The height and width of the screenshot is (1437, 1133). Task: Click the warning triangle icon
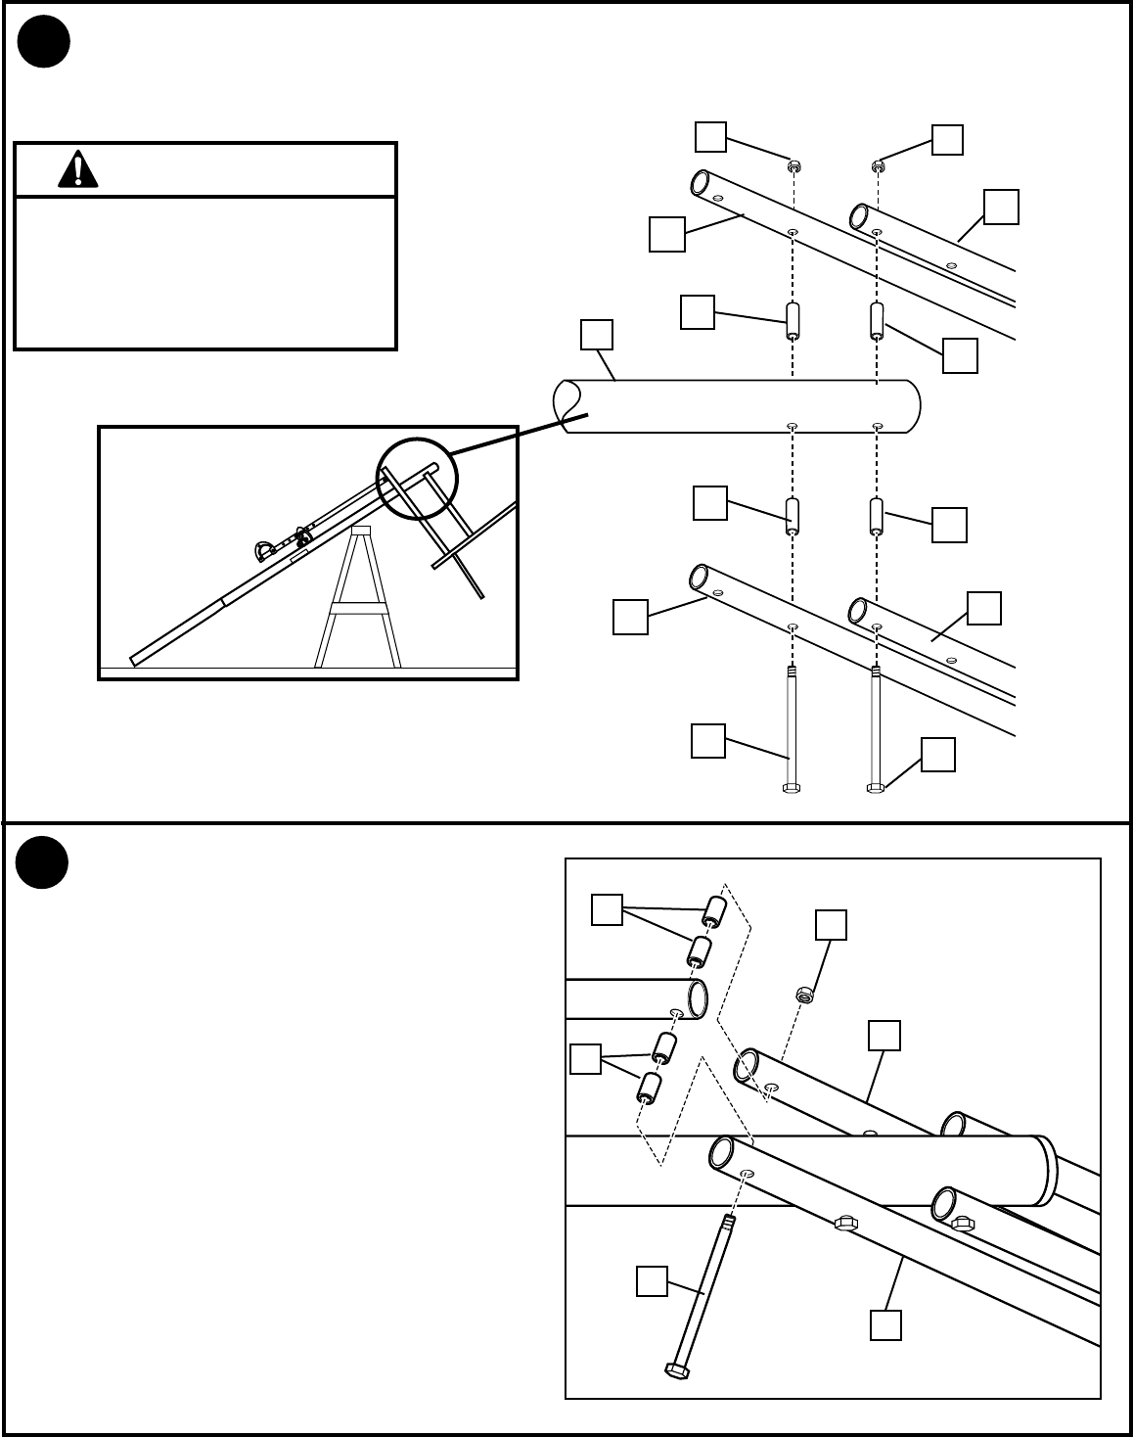click(77, 169)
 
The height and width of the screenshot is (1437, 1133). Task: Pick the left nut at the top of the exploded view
click(793, 165)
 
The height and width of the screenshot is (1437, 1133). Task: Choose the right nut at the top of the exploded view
click(878, 165)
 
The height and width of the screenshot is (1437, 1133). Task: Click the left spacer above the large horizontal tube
click(793, 320)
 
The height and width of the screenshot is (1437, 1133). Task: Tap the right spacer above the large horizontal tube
click(877, 320)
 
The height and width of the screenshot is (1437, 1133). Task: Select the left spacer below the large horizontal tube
click(793, 516)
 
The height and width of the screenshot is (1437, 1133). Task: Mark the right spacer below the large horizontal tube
click(877, 516)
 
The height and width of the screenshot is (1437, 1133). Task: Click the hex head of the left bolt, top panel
click(793, 787)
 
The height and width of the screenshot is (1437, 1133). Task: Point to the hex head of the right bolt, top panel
click(876, 787)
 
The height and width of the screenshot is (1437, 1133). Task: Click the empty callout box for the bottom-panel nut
click(831, 925)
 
